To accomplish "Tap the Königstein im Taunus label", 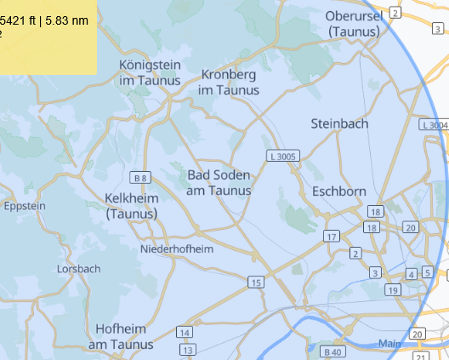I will click(x=151, y=72).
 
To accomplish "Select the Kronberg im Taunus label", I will click(x=230, y=82).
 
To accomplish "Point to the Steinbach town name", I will click(x=340, y=123).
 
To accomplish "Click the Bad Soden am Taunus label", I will click(x=219, y=183).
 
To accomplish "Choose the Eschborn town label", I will click(x=338, y=191).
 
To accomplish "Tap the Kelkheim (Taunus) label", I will click(x=131, y=206).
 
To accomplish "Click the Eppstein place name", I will click(x=25, y=206).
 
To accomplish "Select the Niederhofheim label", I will click(x=177, y=249).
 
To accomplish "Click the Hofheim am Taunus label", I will click(x=121, y=336).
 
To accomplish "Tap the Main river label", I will click(x=389, y=344).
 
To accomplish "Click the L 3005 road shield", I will click(x=282, y=157).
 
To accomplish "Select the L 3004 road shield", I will click(x=434, y=125).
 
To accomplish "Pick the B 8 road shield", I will click(x=141, y=178).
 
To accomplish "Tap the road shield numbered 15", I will click(x=255, y=282).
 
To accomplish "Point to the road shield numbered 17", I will click(x=331, y=236).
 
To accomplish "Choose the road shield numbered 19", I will click(x=392, y=290).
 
